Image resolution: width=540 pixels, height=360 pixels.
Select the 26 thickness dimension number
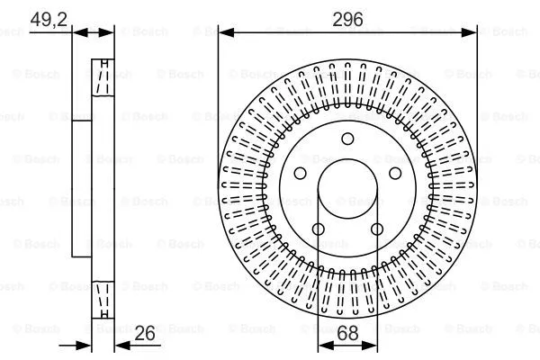[145, 334]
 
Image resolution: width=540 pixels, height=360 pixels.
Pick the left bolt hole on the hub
[302, 173]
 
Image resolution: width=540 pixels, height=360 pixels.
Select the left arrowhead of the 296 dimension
[225, 32]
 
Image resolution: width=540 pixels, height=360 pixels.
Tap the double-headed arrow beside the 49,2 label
[93, 32]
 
